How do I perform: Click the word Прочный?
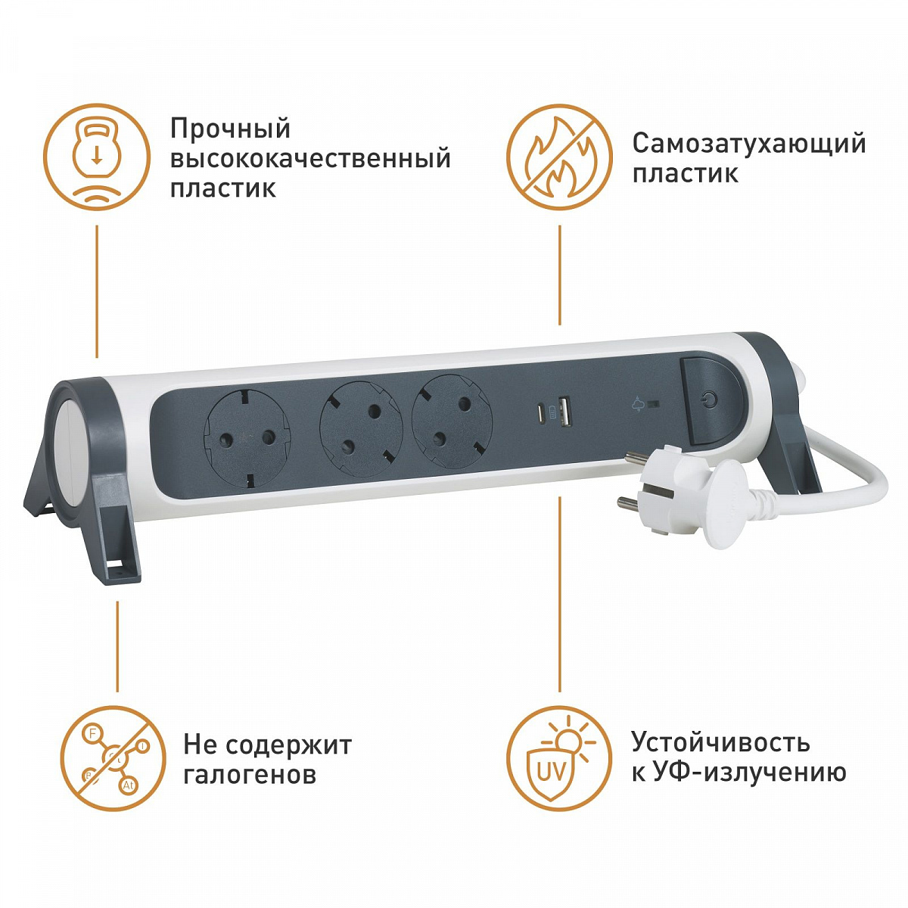point(230,129)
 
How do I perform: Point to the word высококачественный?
point(310,159)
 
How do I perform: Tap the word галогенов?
point(250,775)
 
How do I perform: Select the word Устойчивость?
point(720,742)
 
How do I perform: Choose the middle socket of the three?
point(361,429)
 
